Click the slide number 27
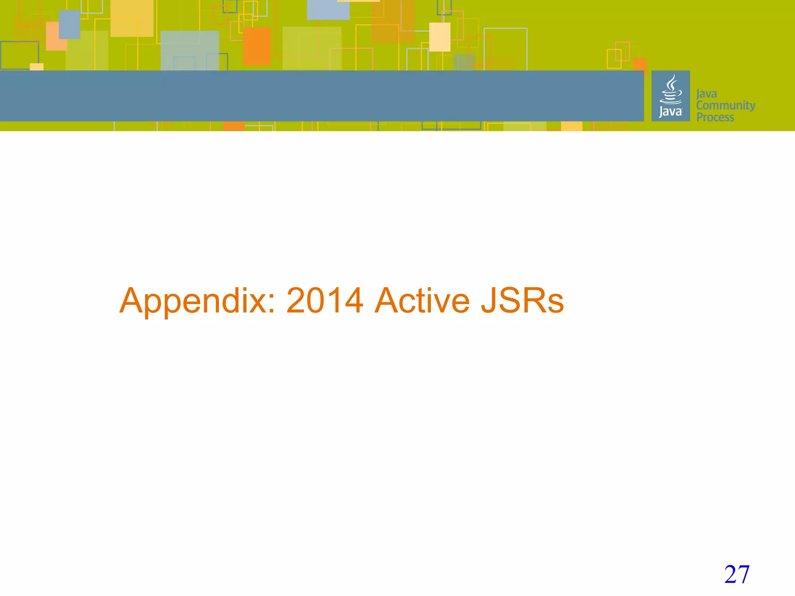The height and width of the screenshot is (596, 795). pos(736,575)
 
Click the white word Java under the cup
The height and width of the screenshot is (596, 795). pos(670,112)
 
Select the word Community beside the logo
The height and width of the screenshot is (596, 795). pos(726,106)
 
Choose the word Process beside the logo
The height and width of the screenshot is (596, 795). pos(715,117)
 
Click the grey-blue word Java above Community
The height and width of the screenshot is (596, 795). pos(706,94)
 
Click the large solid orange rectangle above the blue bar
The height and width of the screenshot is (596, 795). pos(257,46)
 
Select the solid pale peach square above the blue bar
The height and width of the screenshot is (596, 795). pos(440,37)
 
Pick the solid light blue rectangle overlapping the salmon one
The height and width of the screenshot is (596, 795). pos(69,24)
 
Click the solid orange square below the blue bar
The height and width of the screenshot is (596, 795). pos(234,126)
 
